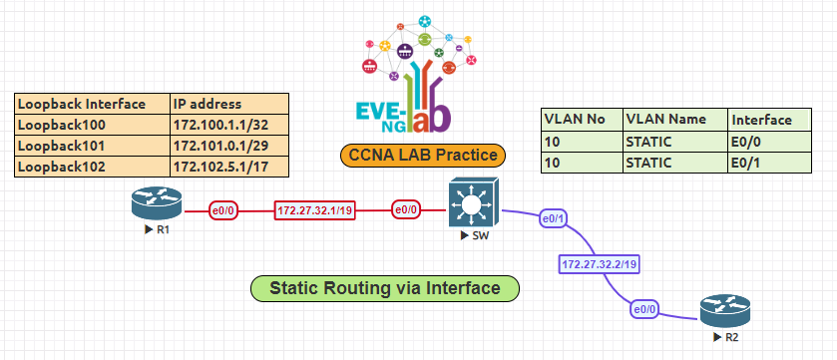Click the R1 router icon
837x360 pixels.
(157, 205)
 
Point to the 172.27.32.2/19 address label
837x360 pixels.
(600, 264)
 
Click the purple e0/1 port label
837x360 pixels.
(553, 217)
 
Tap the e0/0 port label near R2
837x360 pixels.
(644, 310)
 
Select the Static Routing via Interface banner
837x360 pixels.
(385, 289)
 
